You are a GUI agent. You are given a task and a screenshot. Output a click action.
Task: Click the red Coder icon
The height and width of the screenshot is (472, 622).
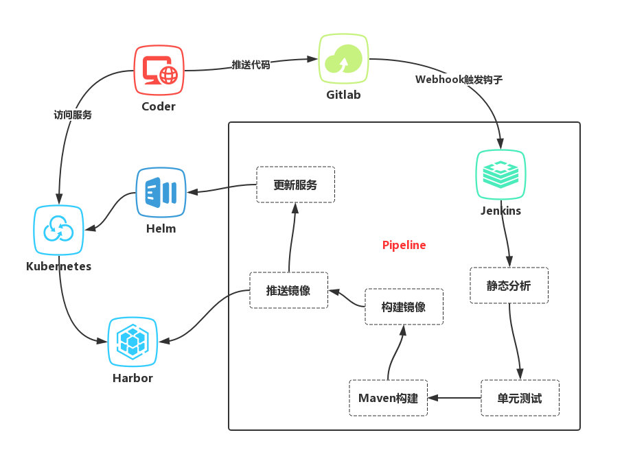pyautogui.click(x=159, y=70)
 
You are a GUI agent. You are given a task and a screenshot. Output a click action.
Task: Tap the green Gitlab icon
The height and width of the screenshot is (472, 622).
pyautogui.click(x=343, y=58)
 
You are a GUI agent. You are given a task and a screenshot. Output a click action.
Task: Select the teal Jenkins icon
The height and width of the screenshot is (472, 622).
pyautogui.click(x=500, y=174)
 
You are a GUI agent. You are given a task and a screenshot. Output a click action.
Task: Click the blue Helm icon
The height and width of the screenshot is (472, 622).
pyautogui.click(x=161, y=193)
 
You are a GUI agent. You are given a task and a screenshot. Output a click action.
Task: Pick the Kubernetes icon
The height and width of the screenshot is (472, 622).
pyautogui.click(x=59, y=230)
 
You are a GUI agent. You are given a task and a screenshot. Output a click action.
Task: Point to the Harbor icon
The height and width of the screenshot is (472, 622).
pyautogui.click(x=133, y=341)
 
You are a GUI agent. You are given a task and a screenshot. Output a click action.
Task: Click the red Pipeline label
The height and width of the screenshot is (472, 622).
pyautogui.click(x=404, y=245)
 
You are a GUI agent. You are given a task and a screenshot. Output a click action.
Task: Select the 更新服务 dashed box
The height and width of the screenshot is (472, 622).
pyautogui.click(x=295, y=184)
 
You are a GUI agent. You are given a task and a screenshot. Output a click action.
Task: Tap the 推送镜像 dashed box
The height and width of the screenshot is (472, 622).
pyautogui.click(x=288, y=290)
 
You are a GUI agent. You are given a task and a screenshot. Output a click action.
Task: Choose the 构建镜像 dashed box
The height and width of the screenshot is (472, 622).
pyautogui.click(x=404, y=307)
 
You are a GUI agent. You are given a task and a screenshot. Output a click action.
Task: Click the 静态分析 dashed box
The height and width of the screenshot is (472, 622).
pyautogui.click(x=509, y=285)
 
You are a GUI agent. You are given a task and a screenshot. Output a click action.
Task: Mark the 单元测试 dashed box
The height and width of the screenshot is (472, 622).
pyautogui.click(x=520, y=398)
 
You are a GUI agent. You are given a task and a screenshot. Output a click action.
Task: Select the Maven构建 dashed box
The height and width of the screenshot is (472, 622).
pyautogui.click(x=388, y=398)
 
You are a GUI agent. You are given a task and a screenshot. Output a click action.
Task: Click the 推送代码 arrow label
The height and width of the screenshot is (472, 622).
pyautogui.click(x=251, y=64)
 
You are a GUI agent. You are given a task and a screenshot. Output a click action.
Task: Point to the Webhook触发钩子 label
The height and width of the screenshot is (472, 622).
pyautogui.click(x=459, y=79)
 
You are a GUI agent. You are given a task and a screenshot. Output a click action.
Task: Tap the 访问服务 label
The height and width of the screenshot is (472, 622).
pyautogui.click(x=73, y=115)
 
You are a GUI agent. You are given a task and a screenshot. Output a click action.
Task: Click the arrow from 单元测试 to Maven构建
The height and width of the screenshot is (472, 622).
pyautogui.click(x=454, y=397)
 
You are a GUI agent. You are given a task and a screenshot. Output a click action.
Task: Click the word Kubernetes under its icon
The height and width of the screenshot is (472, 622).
pyautogui.click(x=58, y=266)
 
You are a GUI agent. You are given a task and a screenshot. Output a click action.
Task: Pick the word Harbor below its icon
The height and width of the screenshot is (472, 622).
pyautogui.click(x=133, y=378)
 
